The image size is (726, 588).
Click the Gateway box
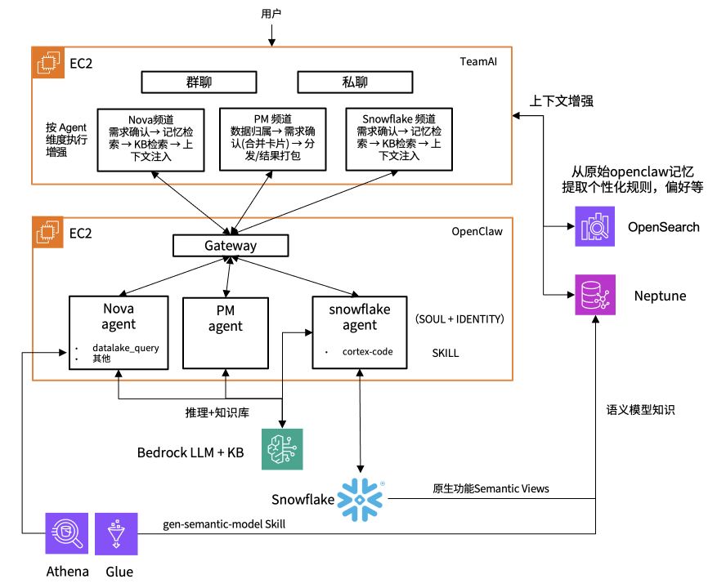pyautogui.click(x=231, y=246)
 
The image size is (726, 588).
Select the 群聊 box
pyautogui.click(x=199, y=82)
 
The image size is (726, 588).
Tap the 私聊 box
pyautogui.click(x=355, y=82)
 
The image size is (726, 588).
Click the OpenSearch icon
pyautogui.click(x=595, y=226)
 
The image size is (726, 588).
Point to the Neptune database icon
pyautogui.click(x=595, y=295)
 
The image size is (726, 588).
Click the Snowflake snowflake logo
pyautogui.click(x=361, y=500)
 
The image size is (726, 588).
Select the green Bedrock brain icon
pyautogui.click(x=282, y=449)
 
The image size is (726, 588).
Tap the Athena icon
pyautogui.click(x=67, y=533)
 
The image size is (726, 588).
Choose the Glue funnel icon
pyautogui.click(x=116, y=534)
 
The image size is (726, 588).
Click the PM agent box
pyautogui.click(x=226, y=333)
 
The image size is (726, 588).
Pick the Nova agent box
pyautogui.click(x=119, y=332)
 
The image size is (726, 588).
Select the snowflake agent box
pyautogui.click(x=360, y=332)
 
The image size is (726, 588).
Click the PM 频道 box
pyautogui.click(x=273, y=140)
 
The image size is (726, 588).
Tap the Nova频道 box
pyautogui.click(x=151, y=140)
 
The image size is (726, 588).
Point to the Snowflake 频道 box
pyautogui.click(x=399, y=140)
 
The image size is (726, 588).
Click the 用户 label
pyautogui.click(x=271, y=14)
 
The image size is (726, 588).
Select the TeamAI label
pyautogui.click(x=478, y=61)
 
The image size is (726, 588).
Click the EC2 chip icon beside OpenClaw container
pyautogui.click(x=47, y=232)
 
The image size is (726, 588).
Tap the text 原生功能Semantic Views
pyautogui.click(x=491, y=488)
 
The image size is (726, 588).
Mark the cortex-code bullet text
pyautogui.click(x=368, y=352)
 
